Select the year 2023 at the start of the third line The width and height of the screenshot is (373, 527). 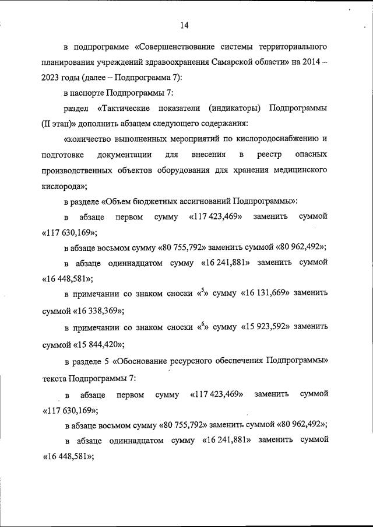(52, 78)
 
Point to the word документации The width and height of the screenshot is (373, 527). (125, 155)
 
